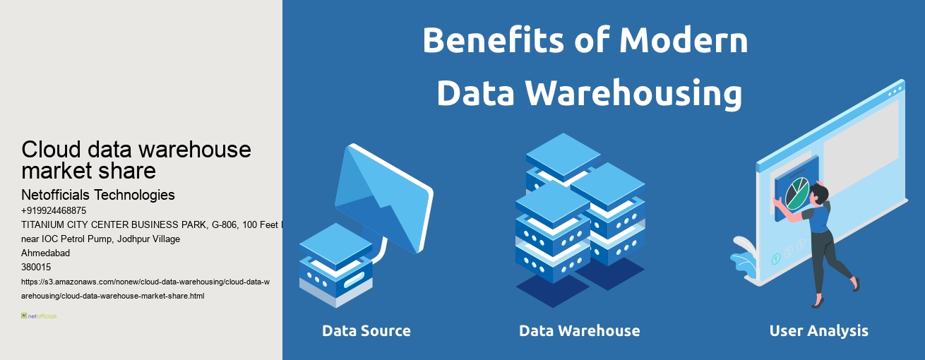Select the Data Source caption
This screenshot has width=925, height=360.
(x=366, y=330)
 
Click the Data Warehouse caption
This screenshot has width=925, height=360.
(x=579, y=330)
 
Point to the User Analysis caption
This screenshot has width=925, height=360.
(x=818, y=330)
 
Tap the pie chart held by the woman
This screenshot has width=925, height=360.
(x=797, y=193)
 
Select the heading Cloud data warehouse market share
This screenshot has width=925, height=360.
(x=136, y=160)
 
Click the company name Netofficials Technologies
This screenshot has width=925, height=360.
(x=98, y=195)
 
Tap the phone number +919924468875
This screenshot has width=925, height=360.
(x=54, y=210)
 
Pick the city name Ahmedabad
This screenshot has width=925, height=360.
(x=46, y=253)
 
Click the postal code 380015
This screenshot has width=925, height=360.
(x=36, y=267)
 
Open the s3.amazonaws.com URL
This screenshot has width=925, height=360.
(x=145, y=289)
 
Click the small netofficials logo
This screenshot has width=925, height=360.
(x=39, y=316)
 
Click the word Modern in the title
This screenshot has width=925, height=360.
(x=684, y=41)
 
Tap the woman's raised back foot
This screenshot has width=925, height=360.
(x=855, y=283)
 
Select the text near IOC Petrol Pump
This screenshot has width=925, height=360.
(x=100, y=239)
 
